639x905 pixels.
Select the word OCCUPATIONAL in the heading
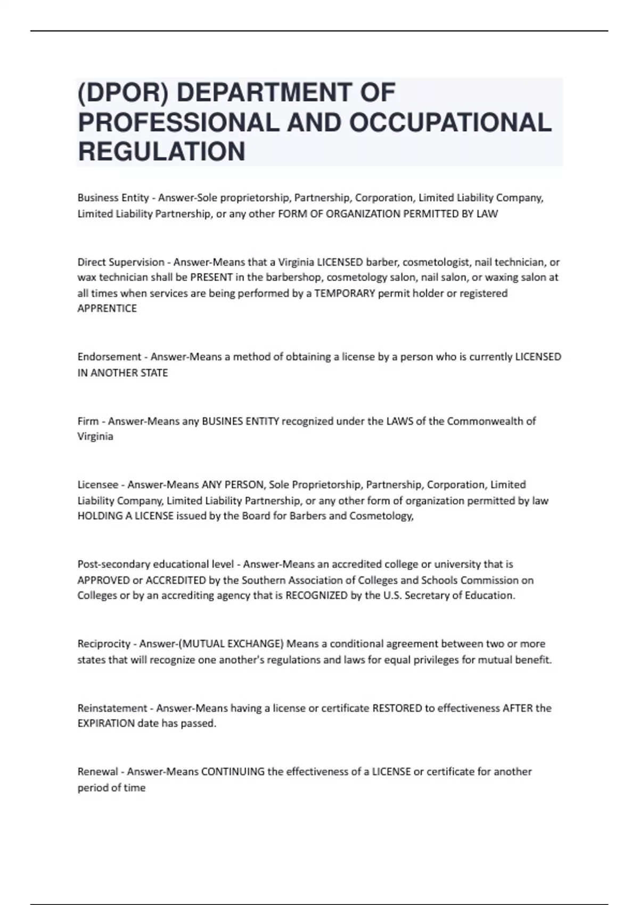(x=450, y=122)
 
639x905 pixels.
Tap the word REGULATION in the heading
(x=161, y=152)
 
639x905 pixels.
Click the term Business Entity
(x=113, y=198)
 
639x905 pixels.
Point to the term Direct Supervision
(x=121, y=262)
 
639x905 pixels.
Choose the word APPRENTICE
(x=107, y=309)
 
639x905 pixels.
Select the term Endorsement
(x=109, y=357)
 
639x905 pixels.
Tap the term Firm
(x=88, y=421)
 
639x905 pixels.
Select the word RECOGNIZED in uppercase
(x=316, y=596)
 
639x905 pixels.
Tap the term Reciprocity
(x=104, y=644)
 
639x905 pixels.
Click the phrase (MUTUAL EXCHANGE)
(x=231, y=644)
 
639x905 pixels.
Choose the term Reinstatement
(x=111, y=709)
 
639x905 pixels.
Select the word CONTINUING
(x=233, y=772)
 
